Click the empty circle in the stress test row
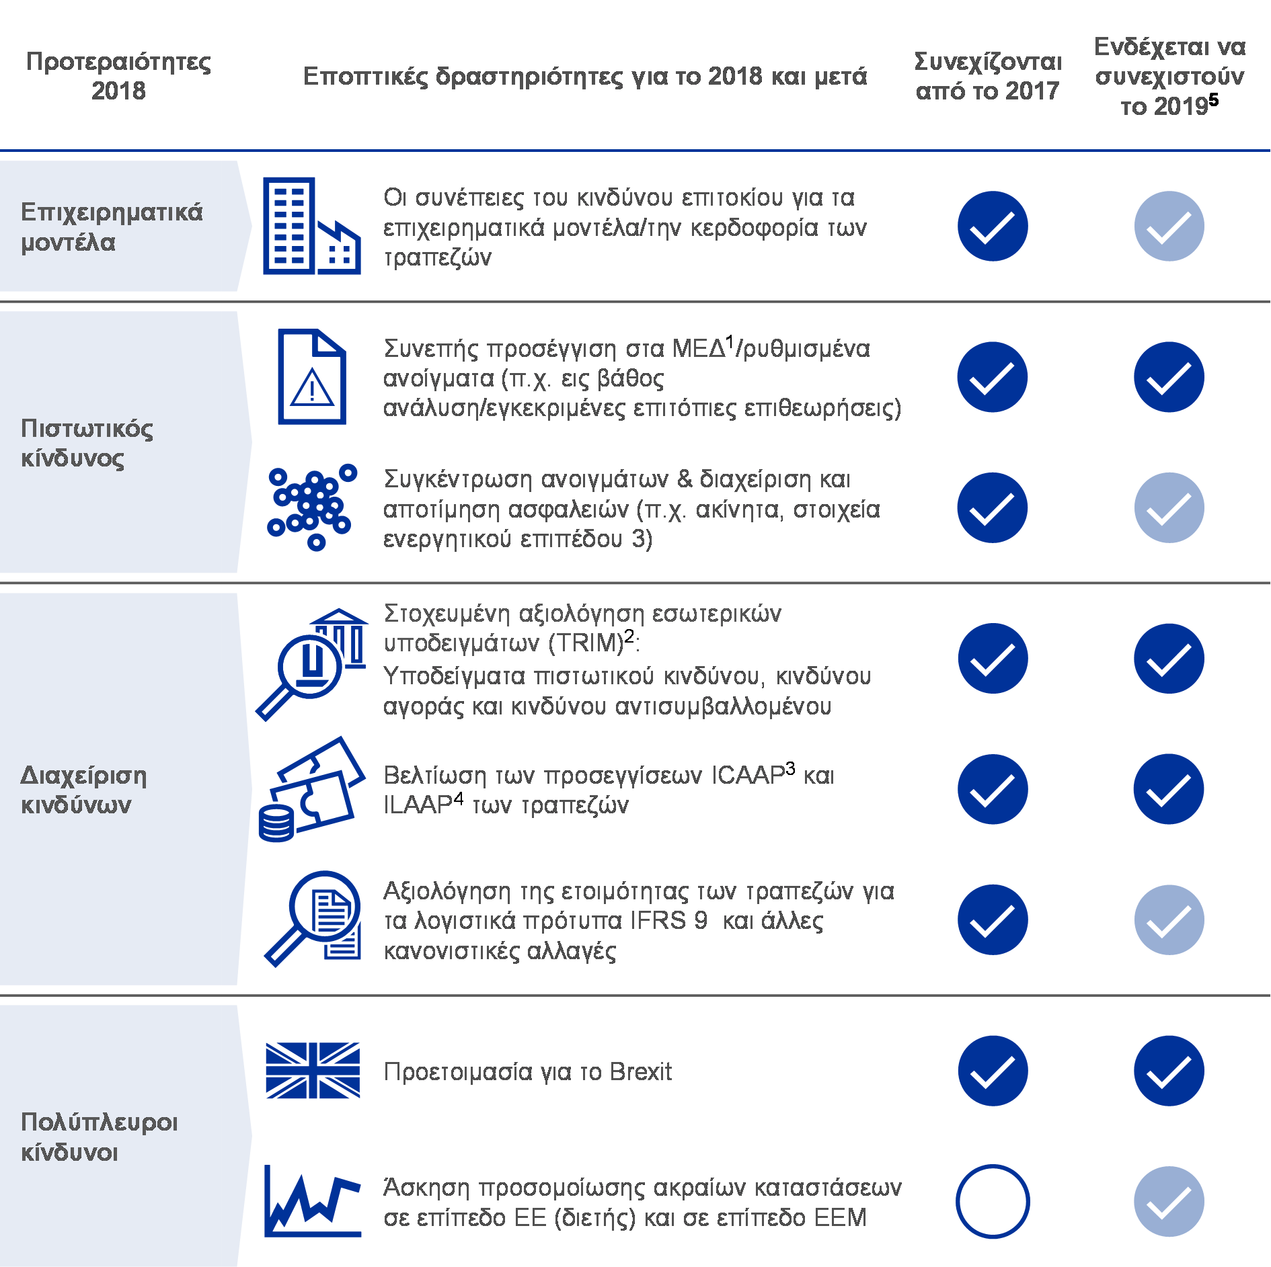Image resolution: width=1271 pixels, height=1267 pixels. point(993,1201)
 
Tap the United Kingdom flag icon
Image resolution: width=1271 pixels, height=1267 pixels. point(313,1070)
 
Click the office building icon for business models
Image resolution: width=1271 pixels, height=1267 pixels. point(312,226)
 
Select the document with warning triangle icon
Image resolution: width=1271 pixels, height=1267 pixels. point(312,376)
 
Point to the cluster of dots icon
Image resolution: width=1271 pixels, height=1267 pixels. point(312,507)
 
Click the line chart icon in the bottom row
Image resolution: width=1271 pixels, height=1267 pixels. point(313,1200)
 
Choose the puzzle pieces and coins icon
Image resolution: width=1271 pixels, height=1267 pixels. point(312,789)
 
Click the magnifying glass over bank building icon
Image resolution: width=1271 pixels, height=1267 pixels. point(312,664)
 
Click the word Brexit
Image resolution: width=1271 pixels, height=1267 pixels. point(640,1071)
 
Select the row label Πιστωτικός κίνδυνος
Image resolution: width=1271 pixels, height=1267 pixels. point(87,443)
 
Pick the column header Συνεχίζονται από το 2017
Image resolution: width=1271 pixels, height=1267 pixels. point(988,75)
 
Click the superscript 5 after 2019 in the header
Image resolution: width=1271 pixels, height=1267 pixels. point(1213,99)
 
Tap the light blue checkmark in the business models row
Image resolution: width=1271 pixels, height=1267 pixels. point(1169,226)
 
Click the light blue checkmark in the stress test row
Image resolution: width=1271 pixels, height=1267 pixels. point(1169,1201)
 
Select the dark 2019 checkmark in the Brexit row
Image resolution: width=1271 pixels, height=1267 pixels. point(1169,1071)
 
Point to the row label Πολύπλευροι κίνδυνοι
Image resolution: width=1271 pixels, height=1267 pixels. point(100,1137)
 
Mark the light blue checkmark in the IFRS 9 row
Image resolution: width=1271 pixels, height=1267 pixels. point(1169,919)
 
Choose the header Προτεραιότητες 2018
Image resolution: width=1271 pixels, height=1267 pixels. point(118,75)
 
